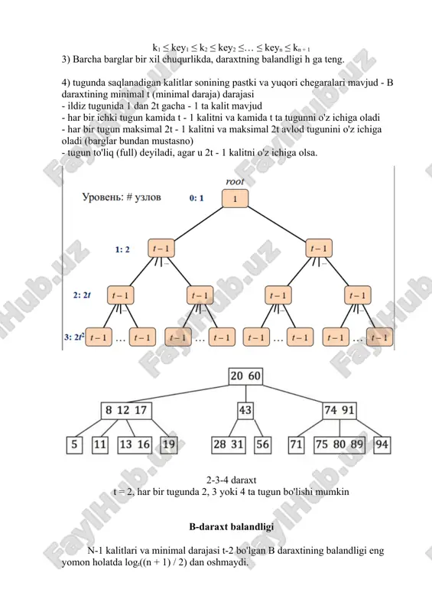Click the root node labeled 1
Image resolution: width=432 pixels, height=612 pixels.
click(235, 199)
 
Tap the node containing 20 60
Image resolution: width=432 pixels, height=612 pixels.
click(245, 376)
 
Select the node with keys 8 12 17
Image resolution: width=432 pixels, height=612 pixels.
click(126, 411)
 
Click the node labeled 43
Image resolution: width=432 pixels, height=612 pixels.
click(245, 411)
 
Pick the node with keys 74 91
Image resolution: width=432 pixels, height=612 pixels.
click(339, 411)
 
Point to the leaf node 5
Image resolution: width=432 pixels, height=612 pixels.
click(74, 445)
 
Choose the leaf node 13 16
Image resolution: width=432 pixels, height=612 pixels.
click(135, 445)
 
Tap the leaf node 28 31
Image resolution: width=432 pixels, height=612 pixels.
click(229, 445)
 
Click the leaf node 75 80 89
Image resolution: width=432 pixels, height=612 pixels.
click(339, 445)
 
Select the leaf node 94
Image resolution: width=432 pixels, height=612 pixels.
click(382, 445)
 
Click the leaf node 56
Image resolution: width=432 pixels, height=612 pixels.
click(262, 445)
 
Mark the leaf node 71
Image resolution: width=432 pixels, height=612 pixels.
click(296, 445)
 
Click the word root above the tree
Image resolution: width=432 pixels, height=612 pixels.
click(235, 181)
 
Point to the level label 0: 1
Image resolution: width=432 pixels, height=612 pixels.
click(197, 198)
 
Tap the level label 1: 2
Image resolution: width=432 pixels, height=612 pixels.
click(122, 249)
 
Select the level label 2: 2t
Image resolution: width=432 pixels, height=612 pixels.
click(82, 295)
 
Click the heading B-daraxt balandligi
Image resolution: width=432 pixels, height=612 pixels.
click(232, 527)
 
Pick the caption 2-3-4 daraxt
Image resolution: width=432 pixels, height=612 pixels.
click(232, 480)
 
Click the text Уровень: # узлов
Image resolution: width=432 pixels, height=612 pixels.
click(122, 197)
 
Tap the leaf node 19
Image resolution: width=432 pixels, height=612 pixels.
click(168, 445)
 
